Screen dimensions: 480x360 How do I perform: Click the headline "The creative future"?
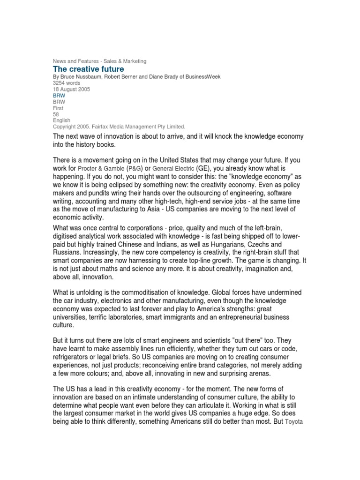[x=88, y=69]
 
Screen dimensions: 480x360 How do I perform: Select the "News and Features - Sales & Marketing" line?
[x=99, y=61]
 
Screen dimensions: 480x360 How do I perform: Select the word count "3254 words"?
[x=67, y=83]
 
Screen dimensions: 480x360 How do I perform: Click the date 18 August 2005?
[x=71, y=89]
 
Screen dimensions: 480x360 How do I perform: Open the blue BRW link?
[x=59, y=95]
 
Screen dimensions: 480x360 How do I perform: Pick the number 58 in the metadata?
[x=56, y=114]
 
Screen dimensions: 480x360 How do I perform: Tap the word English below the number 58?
[x=61, y=120]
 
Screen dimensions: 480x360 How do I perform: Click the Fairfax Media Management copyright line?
[x=119, y=127]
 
